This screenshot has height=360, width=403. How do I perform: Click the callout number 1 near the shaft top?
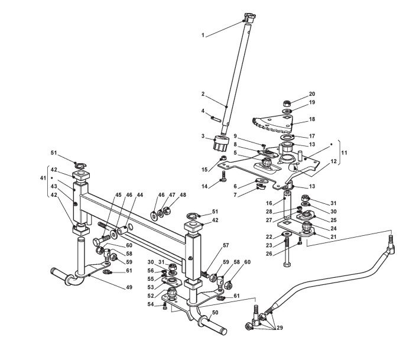pyautogui.click(x=203, y=35)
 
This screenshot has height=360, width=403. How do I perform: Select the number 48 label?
pyautogui.click(x=183, y=195)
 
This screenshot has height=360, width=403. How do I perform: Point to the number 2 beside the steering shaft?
pyautogui.click(x=203, y=94)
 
